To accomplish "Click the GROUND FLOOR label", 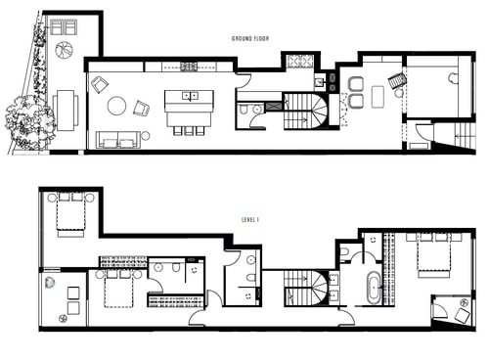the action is point(250,39).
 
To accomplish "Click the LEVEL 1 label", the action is point(250,220).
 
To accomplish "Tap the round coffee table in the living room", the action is point(116,106).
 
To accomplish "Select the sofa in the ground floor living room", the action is point(118,140).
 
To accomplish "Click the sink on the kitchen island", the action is point(190,96).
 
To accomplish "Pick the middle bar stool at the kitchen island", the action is point(189,131).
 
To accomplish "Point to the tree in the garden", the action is point(27,122).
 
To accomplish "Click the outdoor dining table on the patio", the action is point(66,111).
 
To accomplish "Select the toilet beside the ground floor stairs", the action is point(244,110).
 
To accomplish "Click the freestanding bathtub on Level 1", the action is point(374,288).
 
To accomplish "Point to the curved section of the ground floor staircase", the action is point(318,112).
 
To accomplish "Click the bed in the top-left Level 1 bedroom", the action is point(70,214).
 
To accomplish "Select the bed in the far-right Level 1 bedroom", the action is point(435,255).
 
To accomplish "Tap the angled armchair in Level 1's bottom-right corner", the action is point(463,316).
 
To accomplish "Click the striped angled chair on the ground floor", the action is point(397,80).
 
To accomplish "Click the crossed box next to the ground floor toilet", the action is point(271,107).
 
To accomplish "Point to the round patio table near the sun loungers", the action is point(64,50).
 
